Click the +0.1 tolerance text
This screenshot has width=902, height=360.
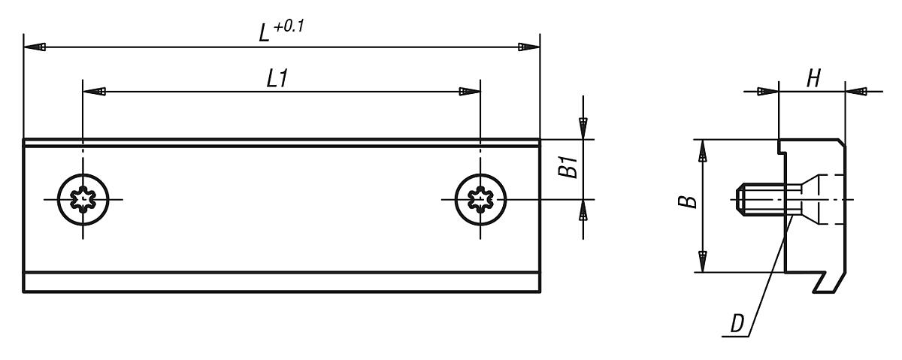point(289,26)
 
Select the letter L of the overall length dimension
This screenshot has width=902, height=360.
point(264,33)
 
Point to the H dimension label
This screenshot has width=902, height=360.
point(813,78)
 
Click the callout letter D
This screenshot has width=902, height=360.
point(737,323)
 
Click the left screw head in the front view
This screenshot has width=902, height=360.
point(83,199)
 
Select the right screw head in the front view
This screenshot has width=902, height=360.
point(480,199)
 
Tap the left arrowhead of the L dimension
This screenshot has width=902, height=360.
point(35,47)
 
